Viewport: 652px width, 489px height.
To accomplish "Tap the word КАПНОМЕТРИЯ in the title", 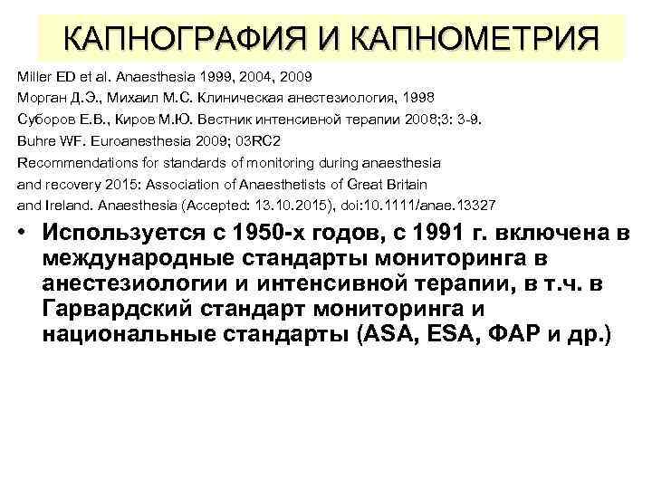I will coord(474,38).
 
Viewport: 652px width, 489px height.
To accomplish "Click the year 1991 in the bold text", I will coord(442,235).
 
